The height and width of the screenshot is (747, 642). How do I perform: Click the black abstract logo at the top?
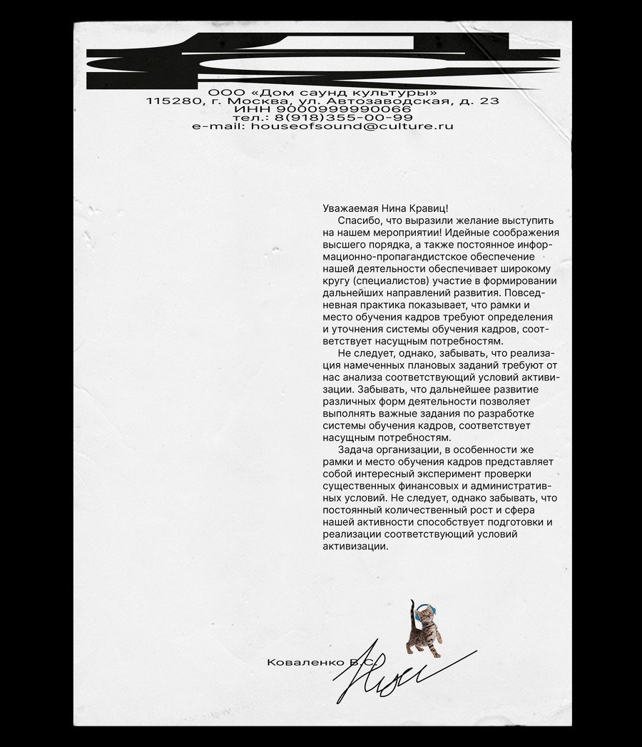click(x=322, y=61)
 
